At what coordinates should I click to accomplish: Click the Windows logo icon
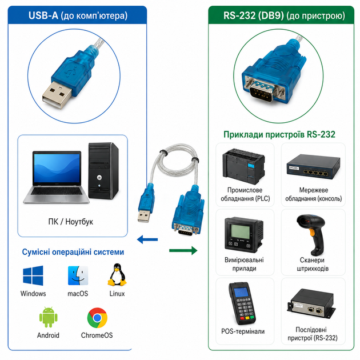click(x=33, y=275)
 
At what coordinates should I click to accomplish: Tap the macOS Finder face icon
click(x=78, y=275)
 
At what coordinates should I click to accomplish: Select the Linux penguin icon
click(x=117, y=275)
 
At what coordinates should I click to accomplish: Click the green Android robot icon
click(x=48, y=317)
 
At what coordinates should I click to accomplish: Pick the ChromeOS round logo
click(x=97, y=318)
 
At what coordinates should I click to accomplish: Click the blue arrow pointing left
click(x=147, y=239)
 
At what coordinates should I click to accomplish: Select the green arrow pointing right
click(x=183, y=250)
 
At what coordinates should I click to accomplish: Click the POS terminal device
click(x=242, y=303)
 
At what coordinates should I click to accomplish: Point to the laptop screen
click(x=57, y=167)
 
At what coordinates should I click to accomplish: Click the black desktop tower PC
click(x=103, y=171)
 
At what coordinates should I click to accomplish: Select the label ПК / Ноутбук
click(x=71, y=222)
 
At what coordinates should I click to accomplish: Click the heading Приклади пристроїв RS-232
click(x=279, y=134)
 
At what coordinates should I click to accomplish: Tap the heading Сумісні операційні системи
click(x=73, y=252)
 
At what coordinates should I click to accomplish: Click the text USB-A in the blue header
click(x=43, y=15)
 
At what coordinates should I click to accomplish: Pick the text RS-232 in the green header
click(x=239, y=15)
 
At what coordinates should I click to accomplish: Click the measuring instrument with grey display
click(x=244, y=234)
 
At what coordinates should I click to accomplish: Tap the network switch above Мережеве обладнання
click(x=313, y=167)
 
